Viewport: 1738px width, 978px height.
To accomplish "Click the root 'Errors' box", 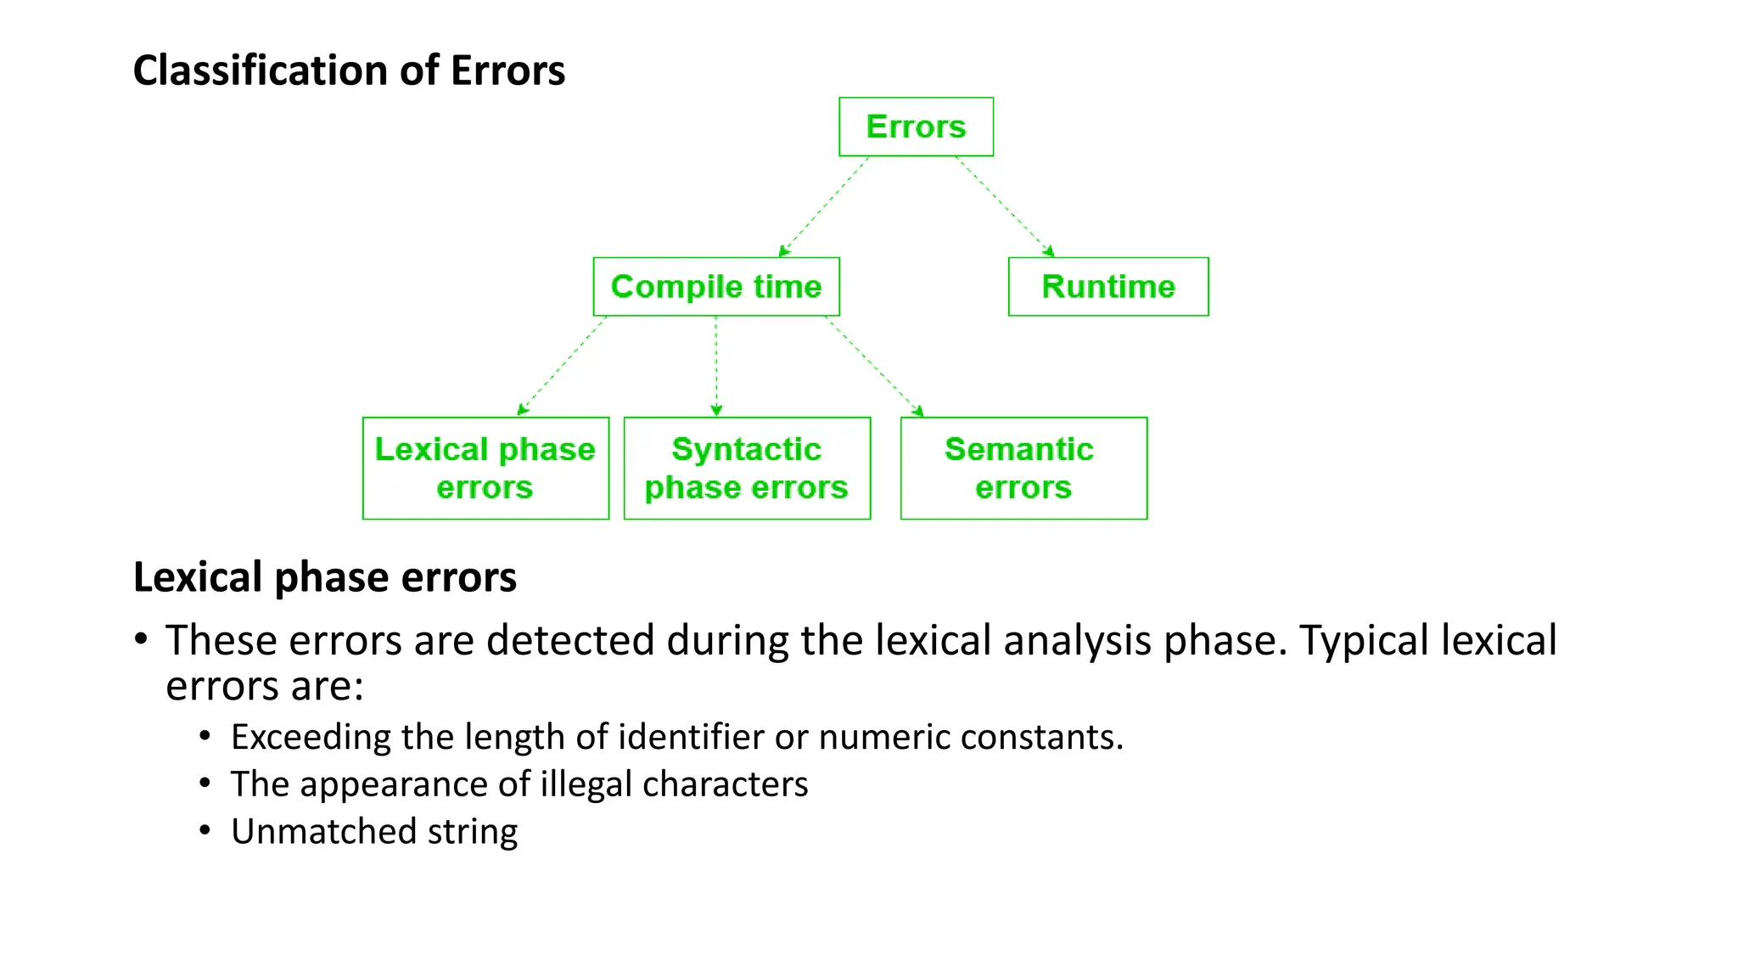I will [916, 126].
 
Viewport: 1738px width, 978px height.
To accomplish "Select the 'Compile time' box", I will [716, 287].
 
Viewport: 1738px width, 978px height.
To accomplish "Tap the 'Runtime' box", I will [1108, 287].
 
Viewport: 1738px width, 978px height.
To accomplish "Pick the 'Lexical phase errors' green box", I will [485, 468].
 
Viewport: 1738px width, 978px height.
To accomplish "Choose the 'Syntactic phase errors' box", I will [747, 468].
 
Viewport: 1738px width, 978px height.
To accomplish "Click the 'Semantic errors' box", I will [1023, 468].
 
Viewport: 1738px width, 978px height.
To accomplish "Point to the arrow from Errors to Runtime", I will [1005, 206].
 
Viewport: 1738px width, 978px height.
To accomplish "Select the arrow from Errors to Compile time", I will [823, 206].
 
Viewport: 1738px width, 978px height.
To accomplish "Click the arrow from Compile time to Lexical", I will [562, 366].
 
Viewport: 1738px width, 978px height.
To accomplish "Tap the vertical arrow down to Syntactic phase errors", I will [716, 366].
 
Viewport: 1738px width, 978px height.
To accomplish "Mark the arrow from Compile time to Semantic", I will [874, 366].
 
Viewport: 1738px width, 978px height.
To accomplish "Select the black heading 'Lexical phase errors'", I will [325, 577].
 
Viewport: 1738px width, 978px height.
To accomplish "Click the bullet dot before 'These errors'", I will [141, 639].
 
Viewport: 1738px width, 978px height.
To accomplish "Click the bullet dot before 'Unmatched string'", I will [205, 829].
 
